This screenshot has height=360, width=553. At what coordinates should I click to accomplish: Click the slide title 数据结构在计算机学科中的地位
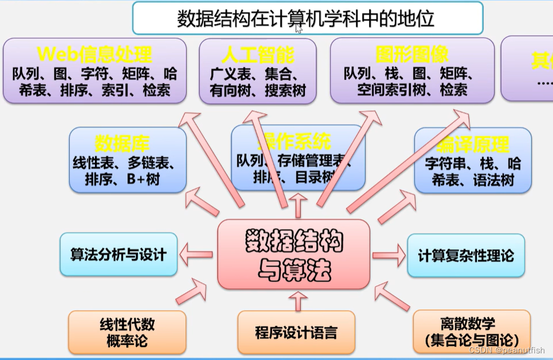tap(306, 18)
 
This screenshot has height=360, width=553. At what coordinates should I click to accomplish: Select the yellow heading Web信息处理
tap(94, 55)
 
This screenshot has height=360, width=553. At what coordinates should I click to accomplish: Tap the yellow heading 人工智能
tap(258, 55)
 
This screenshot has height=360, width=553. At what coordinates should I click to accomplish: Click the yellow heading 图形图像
tap(412, 55)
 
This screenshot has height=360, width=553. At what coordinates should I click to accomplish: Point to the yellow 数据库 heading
tap(122, 144)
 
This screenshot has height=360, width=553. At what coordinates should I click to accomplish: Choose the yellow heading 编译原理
tap(473, 145)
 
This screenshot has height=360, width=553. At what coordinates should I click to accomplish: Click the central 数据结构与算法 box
tap(294, 255)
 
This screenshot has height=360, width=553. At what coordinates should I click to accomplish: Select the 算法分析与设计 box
tap(118, 254)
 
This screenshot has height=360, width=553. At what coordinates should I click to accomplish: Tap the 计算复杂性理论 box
tap(466, 256)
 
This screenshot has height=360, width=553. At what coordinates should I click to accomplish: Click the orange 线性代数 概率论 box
tap(127, 333)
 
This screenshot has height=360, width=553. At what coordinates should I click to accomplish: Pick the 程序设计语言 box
tap(296, 333)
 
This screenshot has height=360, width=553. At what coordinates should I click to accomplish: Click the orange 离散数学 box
tap(471, 331)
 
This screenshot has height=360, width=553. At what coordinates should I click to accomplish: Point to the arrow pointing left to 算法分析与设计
tap(196, 255)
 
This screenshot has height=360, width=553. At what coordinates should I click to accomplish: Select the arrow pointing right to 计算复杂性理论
tap(388, 255)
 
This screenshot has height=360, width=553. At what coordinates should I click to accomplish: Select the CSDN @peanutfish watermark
tap(507, 350)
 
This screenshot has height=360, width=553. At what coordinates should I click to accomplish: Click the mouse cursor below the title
tap(299, 29)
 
